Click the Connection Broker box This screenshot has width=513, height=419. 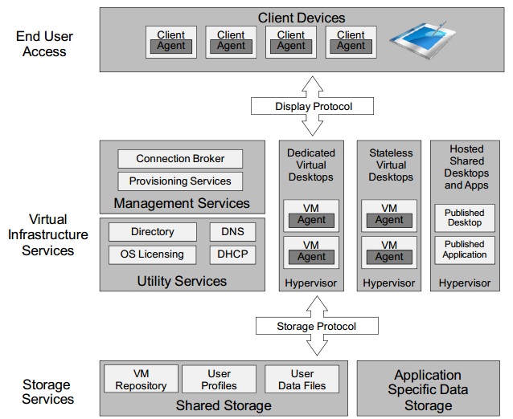tap(180, 159)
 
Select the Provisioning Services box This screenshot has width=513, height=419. tap(180, 181)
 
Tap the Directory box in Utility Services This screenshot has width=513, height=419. tap(153, 232)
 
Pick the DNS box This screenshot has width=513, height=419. tap(232, 232)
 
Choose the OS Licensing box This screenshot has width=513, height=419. tap(153, 254)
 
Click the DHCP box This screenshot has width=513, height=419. tap(232, 254)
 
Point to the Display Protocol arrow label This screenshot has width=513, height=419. tap(314, 106)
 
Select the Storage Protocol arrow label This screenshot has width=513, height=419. tap(316, 327)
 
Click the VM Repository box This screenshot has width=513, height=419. tap(141, 380)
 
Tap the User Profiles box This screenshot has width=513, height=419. tap(220, 380)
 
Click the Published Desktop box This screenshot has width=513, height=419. tap(464, 218)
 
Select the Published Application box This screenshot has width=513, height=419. tap(464, 249)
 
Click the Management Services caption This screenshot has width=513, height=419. tap(182, 203)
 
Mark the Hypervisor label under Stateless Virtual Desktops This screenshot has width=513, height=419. tap(389, 283)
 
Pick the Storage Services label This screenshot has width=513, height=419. tap(47, 392)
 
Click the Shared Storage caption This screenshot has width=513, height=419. tap(224, 405)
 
